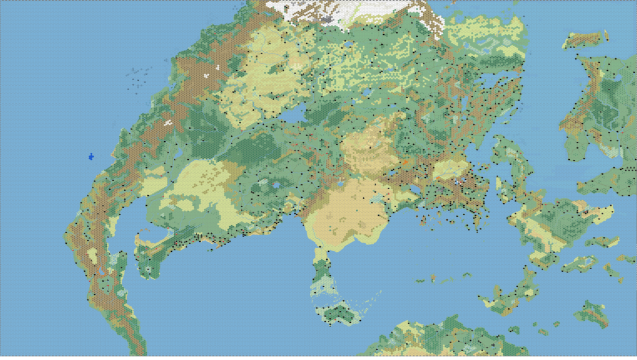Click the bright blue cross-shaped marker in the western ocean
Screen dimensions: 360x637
[91, 155]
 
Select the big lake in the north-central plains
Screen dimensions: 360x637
[293, 114]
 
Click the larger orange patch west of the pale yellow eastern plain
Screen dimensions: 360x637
[405, 162]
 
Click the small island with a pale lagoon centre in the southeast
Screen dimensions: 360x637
[579, 263]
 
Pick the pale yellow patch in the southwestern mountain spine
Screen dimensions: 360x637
[92, 256]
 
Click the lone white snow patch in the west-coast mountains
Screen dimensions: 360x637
[168, 122]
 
